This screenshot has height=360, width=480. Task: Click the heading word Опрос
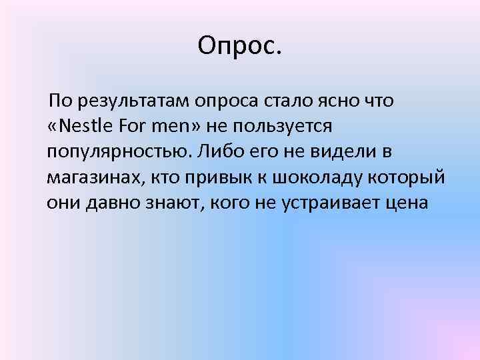tap(240, 46)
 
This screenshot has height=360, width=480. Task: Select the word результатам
tap(134, 101)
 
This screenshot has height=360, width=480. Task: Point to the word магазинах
tap(94, 177)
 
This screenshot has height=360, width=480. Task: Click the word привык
tap(214, 177)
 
